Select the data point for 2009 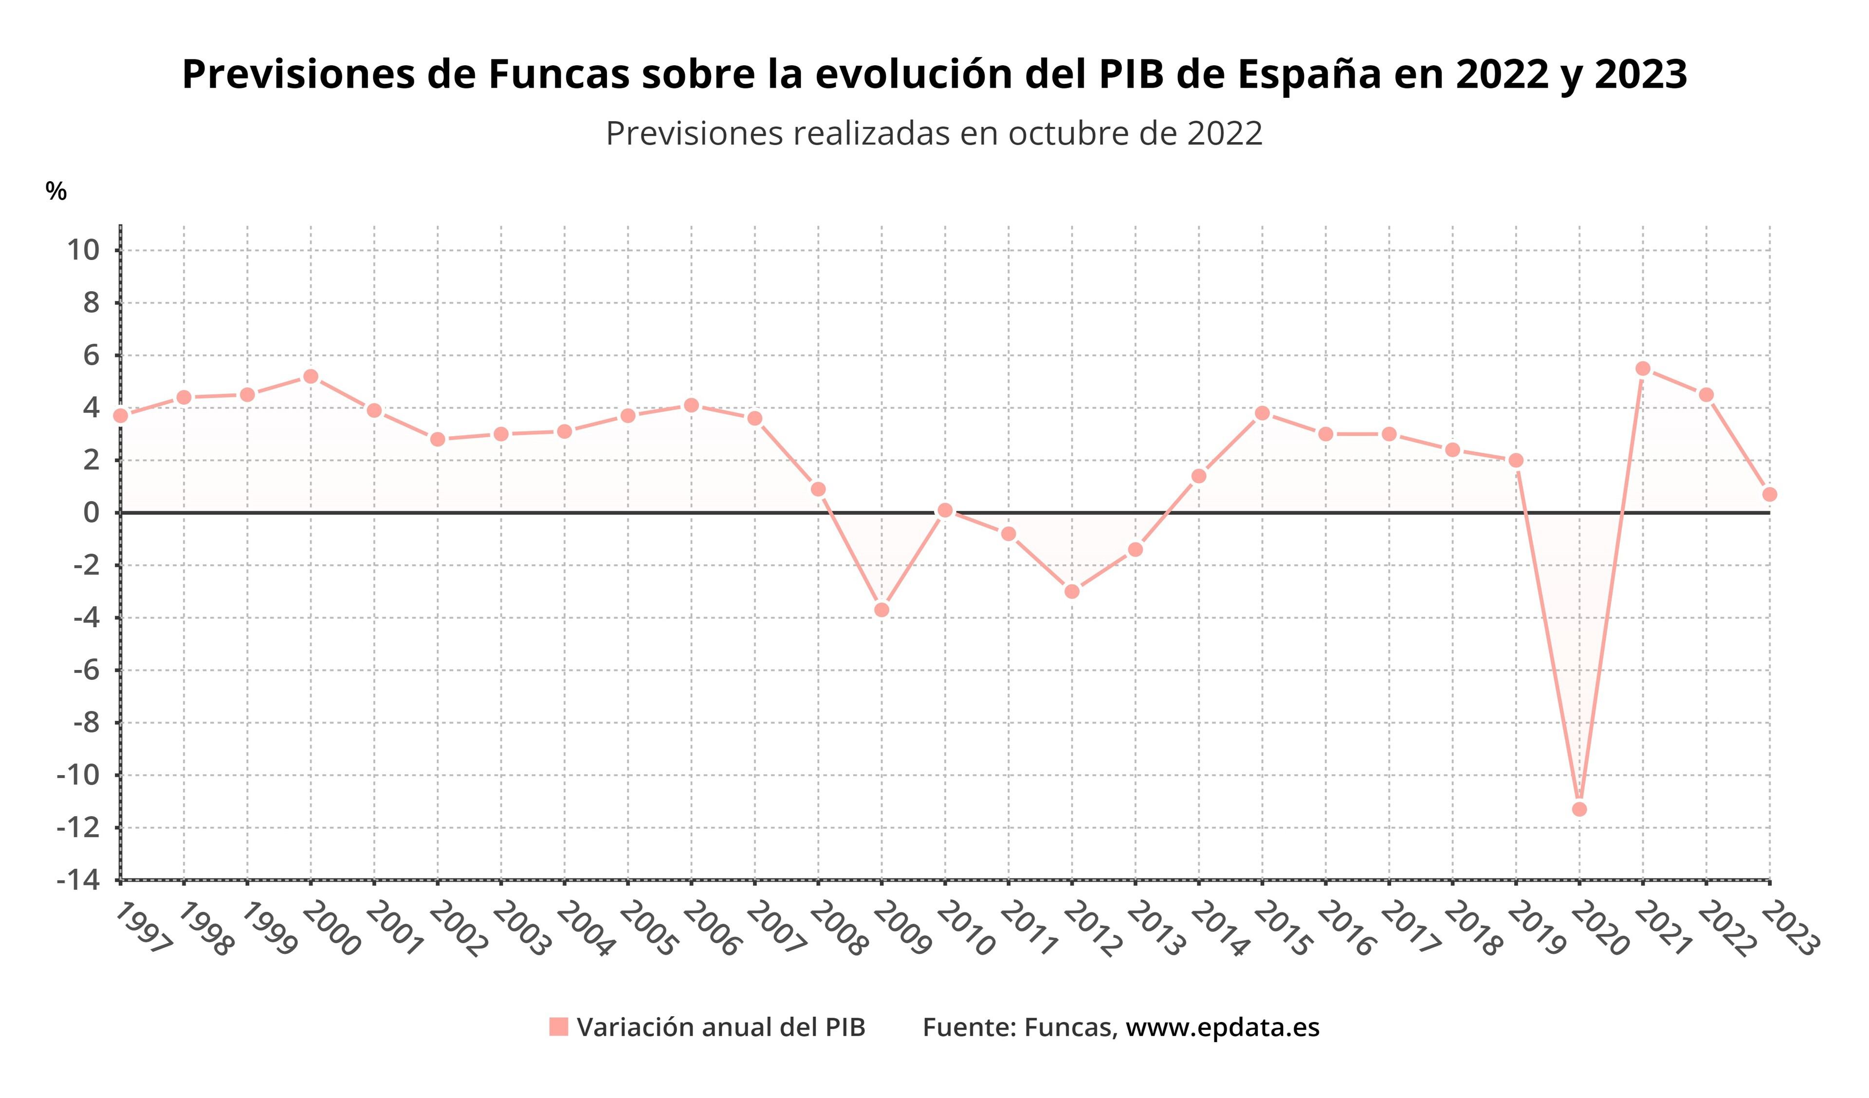[882, 610]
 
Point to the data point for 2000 [311, 376]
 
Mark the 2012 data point [1072, 591]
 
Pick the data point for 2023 [1770, 494]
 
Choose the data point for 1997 [121, 415]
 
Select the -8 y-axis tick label [86, 723]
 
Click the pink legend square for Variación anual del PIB [558, 1027]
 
